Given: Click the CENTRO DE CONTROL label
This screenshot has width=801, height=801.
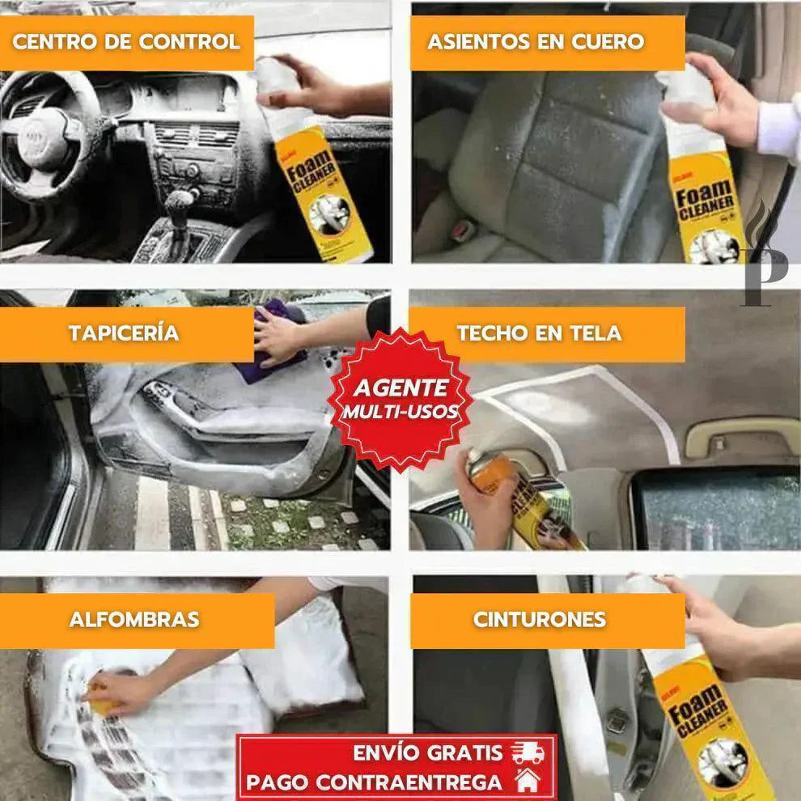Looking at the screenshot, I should (x=126, y=42).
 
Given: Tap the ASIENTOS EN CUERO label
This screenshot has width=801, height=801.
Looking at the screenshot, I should (x=536, y=42).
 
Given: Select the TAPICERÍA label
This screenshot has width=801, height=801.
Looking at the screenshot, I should (x=123, y=333).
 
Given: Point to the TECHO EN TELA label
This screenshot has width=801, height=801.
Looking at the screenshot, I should (x=539, y=333).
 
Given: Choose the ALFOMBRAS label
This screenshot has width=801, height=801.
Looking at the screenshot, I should (x=134, y=620).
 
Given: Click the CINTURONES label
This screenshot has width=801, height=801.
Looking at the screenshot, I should (x=539, y=620).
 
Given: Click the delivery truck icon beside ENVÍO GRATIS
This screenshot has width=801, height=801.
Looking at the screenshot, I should (x=527, y=752).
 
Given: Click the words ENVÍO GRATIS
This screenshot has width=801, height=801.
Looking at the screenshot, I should (x=427, y=752).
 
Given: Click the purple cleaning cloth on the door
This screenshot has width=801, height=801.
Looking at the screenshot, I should (x=271, y=340).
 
